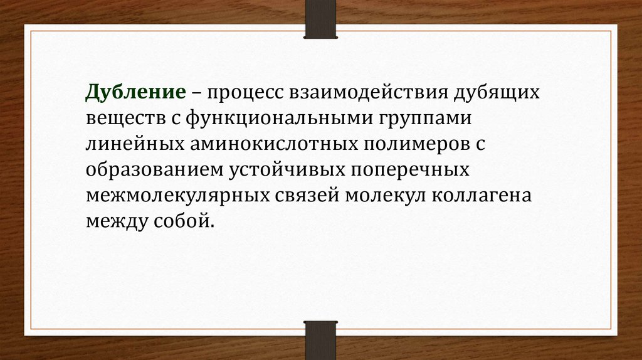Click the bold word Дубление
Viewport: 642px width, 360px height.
(x=136, y=93)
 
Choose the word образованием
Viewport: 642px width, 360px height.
(x=155, y=171)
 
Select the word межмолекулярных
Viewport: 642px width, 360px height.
(x=177, y=196)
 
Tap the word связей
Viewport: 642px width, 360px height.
(x=307, y=196)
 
